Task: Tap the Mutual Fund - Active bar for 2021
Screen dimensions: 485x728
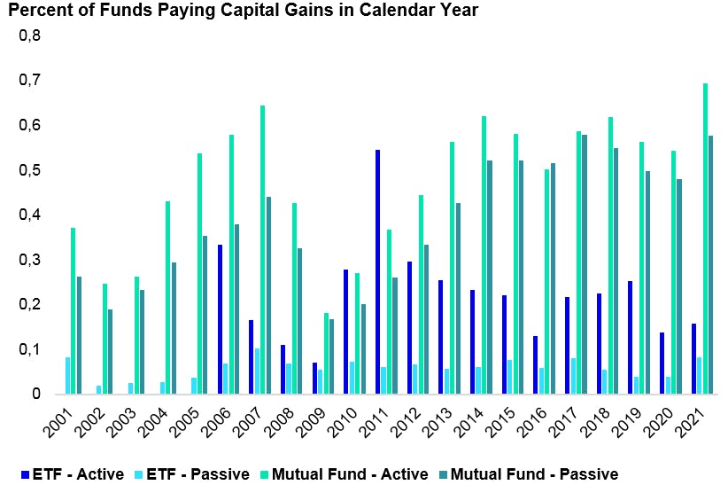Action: click(x=705, y=239)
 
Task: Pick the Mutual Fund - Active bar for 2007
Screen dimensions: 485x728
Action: click(x=262, y=249)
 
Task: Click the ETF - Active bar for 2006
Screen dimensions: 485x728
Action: click(x=220, y=319)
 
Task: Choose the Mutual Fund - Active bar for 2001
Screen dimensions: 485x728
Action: click(x=73, y=310)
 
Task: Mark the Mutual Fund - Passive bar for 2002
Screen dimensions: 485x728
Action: click(x=110, y=351)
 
